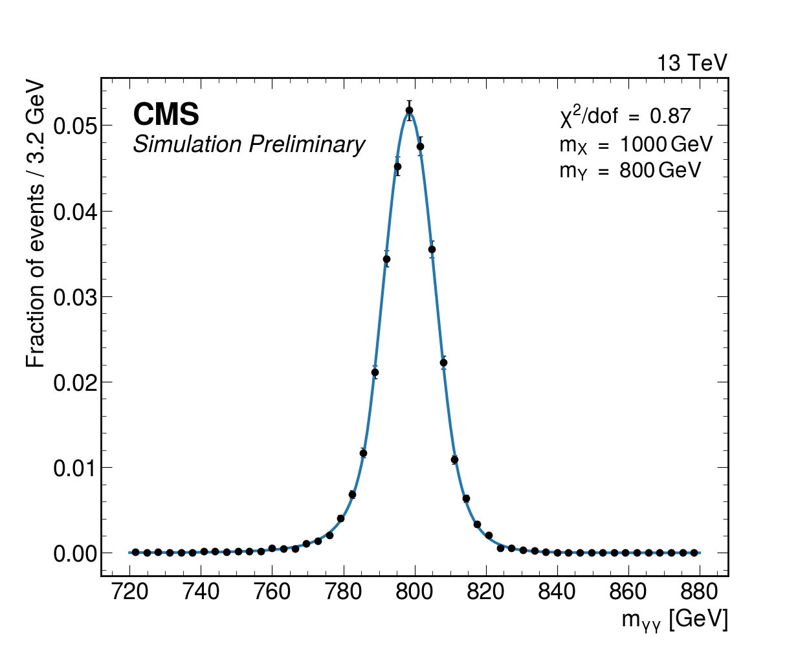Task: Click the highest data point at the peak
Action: click(409, 110)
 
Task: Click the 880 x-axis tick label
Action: click(700, 591)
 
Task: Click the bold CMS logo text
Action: click(166, 115)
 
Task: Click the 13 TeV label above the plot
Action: click(692, 63)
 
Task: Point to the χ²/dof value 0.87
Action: click(670, 116)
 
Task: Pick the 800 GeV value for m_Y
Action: click(660, 171)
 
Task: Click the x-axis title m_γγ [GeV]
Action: click(674, 619)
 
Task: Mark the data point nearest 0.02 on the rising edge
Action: click(375, 372)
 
